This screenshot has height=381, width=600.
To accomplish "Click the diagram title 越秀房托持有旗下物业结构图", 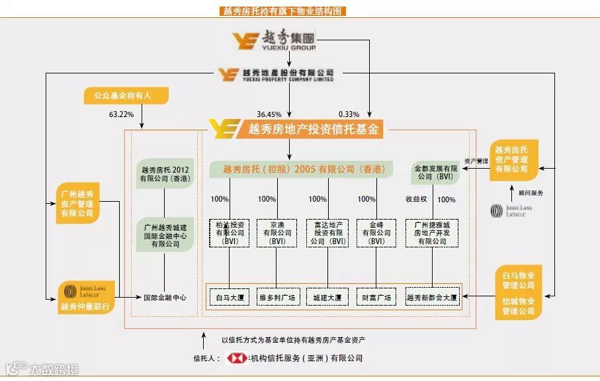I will coord(282,11).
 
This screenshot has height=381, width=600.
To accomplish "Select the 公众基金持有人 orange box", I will coord(126,96).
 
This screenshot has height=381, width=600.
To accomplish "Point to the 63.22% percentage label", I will coord(121,114).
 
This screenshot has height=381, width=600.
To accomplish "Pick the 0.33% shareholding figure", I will coord(349,114).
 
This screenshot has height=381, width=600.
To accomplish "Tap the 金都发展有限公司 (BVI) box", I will coord(436,173).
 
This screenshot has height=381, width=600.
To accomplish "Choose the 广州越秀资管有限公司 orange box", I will coord(77,203).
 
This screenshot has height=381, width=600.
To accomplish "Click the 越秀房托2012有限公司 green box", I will coord(165,174).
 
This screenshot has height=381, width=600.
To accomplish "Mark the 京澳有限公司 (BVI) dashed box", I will coord(277,233).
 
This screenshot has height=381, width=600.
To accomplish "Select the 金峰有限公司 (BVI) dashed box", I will coord(376,233).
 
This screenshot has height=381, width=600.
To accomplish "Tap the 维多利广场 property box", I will coord(277,298).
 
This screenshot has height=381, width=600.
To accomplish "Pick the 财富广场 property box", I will coord(376,298).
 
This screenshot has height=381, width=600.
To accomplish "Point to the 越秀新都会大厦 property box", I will coord(432,298).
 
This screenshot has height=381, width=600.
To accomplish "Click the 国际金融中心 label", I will coord(165,298).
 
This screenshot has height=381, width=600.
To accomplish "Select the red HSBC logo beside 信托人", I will coord(236,359).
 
